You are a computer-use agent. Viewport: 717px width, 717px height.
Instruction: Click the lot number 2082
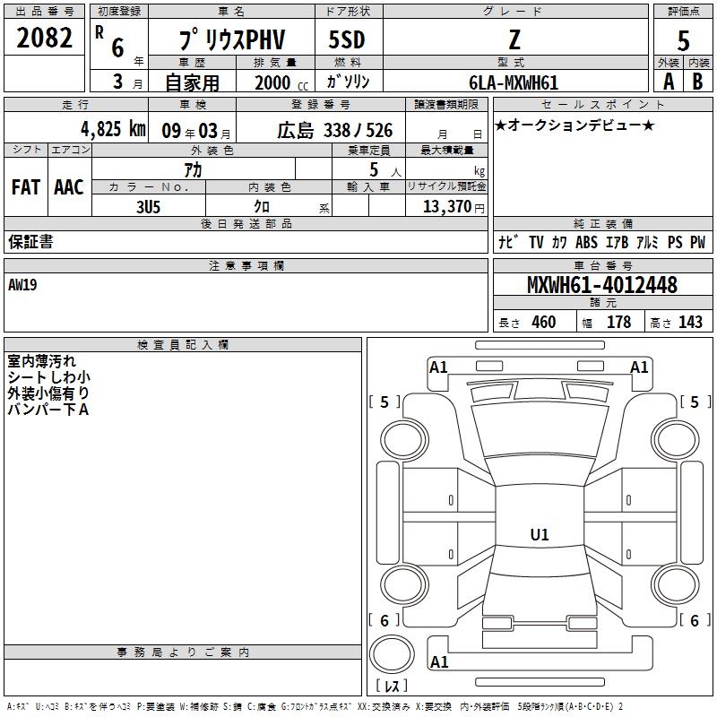click(x=45, y=39)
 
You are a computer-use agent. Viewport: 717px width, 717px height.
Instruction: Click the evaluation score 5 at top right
click(x=684, y=40)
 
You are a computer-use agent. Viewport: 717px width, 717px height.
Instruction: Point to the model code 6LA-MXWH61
click(x=514, y=82)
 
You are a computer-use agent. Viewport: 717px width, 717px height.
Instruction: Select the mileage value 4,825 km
click(x=112, y=129)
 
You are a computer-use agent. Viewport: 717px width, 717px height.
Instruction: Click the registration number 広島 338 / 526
click(x=334, y=130)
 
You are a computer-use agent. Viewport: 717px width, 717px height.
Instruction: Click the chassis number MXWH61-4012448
click(x=601, y=285)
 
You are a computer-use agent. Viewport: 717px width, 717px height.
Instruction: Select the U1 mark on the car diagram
click(x=539, y=535)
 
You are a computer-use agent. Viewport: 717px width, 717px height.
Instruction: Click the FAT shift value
click(x=25, y=186)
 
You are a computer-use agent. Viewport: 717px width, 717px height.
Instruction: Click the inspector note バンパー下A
click(x=48, y=410)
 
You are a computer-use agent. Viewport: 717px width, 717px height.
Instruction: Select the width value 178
click(x=618, y=322)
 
